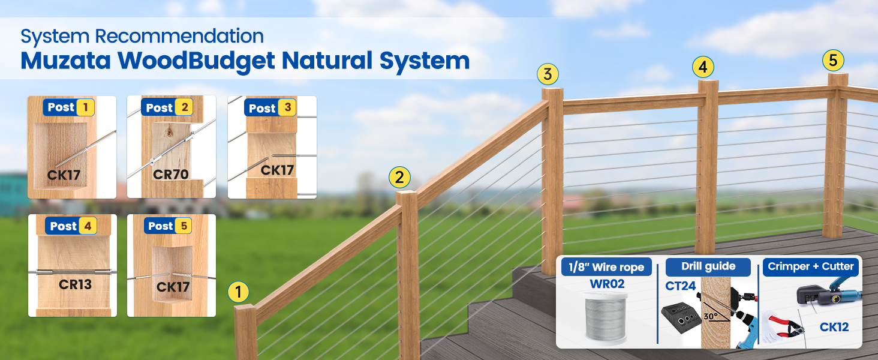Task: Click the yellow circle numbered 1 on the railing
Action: point(238,292)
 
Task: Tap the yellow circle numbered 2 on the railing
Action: point(399,177)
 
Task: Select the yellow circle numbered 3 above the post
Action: point(548,74)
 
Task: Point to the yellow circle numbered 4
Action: point(703,67)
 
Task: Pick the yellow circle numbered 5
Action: point(833,61)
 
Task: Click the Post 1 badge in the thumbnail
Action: point(69,107)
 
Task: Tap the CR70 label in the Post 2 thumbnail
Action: point(170,174)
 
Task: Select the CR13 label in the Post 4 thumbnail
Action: point(75,284)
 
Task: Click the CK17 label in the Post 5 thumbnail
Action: point(173,287)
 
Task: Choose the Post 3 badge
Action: point(270,108)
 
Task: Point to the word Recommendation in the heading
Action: point(179,36)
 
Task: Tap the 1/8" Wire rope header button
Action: point(606,267)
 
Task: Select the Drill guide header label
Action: point(708,266)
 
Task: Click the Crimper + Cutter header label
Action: point(811,266)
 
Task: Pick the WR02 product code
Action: point(607,284)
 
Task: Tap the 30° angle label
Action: point(711,316)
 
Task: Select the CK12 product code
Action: point(834,327)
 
